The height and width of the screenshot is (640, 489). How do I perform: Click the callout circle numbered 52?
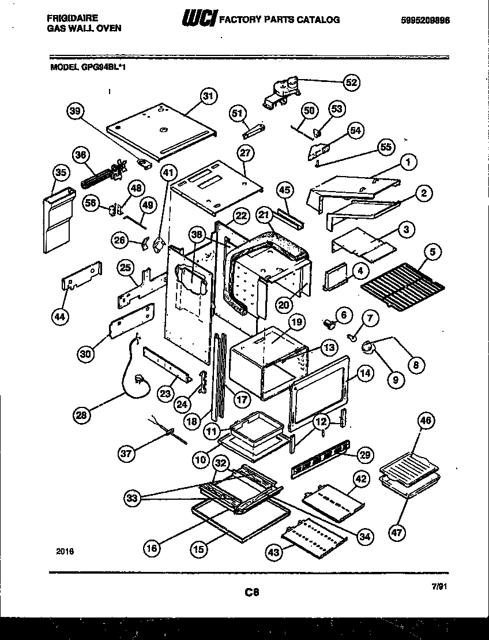pos(350,83)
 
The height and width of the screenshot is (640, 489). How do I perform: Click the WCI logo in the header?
pos(198,20)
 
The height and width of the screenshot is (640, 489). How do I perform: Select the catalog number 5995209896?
pos(425,20)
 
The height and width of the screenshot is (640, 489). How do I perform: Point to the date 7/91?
pos(439,586)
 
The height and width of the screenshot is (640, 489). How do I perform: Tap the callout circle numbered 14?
pos(364,373)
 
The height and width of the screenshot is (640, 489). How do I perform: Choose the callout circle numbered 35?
pos(59,172)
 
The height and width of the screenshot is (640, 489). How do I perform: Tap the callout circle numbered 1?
pos(408,163)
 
